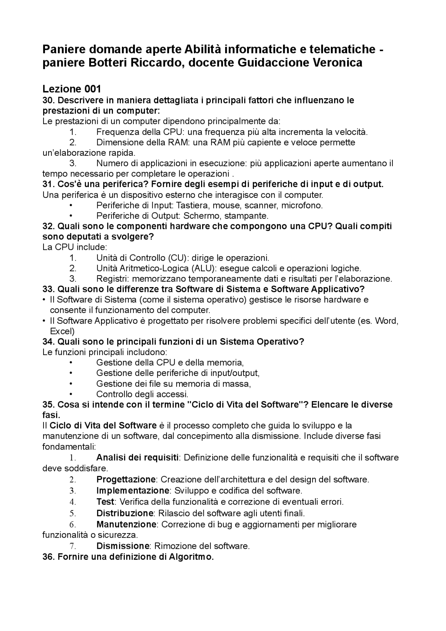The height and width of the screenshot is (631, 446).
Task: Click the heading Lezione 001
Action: point(72,89)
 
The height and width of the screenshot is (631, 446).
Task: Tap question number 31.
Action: point(48,184)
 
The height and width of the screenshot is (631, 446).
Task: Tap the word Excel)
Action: point(62,331)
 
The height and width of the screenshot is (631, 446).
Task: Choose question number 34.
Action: point(48,341)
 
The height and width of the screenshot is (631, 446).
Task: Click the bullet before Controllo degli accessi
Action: point(71,394)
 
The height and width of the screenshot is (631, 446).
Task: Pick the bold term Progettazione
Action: point(126,479)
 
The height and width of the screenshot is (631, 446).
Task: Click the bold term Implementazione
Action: point(133,491)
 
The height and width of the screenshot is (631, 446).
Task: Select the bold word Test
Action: point(105,502)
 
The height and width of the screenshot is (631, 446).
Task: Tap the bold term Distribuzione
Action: point(125,513)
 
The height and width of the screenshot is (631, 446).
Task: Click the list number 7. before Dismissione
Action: point(72,546)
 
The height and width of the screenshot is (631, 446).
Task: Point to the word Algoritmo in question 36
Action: point(191,557)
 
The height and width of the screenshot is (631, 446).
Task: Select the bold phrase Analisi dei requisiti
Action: point(137,457)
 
